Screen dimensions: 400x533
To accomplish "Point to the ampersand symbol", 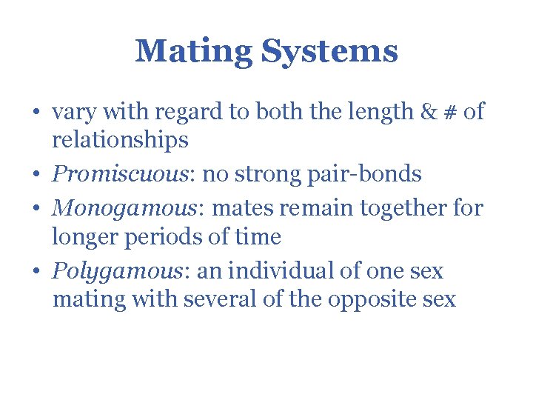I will tap(429, 112).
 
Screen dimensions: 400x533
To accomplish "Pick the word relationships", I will tap(120, 139).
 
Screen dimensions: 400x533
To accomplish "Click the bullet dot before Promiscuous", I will tap(37, 176).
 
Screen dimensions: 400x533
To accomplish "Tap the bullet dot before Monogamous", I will tap(37, 209).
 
